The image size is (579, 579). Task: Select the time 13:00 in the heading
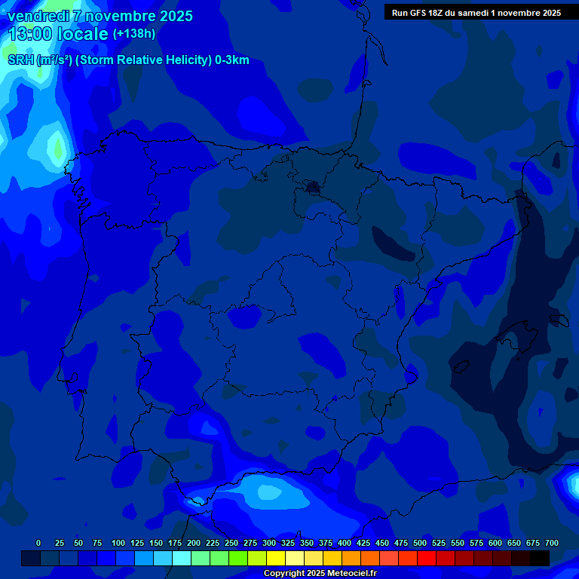coord(31,34)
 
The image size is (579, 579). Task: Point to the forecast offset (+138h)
coord(134,34)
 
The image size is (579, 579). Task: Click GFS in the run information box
coord(422,13)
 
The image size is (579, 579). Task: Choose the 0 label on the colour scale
coord(38,543)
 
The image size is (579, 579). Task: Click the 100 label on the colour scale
coord(118,543)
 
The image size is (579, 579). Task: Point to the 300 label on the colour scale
coord(269,543)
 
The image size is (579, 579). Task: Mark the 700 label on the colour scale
coord(552,543)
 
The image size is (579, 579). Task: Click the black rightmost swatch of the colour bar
coord(540,558)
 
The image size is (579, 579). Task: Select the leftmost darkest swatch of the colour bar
coord(31,558)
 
